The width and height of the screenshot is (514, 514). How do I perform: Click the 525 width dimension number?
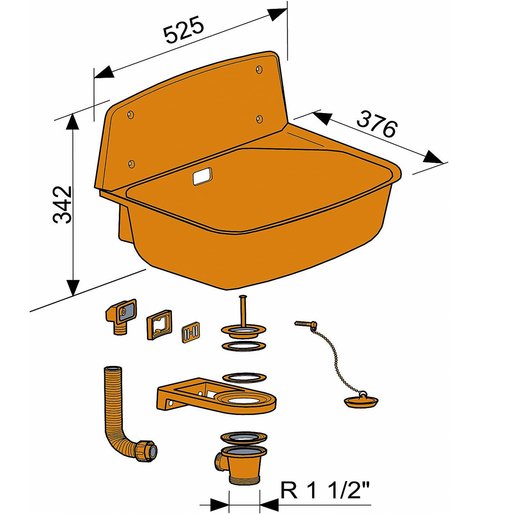pos(184,31)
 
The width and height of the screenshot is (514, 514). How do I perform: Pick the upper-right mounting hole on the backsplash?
pos(259,69)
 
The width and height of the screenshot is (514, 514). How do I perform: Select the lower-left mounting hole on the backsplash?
pos(131,163)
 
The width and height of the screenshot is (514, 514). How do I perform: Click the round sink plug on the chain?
pos(360,400)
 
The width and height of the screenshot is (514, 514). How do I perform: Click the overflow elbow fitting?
pos(121,315)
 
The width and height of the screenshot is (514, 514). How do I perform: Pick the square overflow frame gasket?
pos(159,325)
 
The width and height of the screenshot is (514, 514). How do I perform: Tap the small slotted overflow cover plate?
pos(191,332)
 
